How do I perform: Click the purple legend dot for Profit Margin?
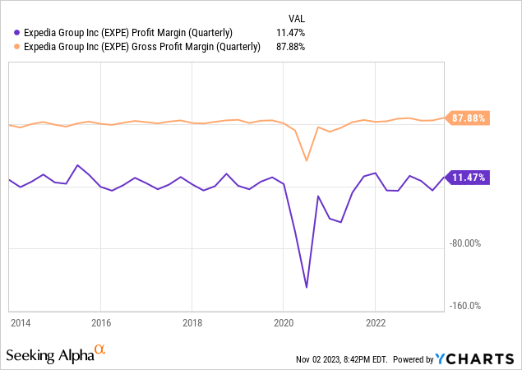[18, 32]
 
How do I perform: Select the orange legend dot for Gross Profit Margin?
[18, 47]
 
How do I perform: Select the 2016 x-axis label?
[100, 322]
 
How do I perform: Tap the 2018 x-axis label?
[192, 322]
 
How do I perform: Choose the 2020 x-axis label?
[283, 322]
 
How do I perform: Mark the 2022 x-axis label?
[375, 322]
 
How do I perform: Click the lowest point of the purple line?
[307, 287]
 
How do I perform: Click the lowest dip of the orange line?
[307, 160]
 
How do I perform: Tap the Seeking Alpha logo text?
[49, 355]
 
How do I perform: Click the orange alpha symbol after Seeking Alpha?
[100, 351]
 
